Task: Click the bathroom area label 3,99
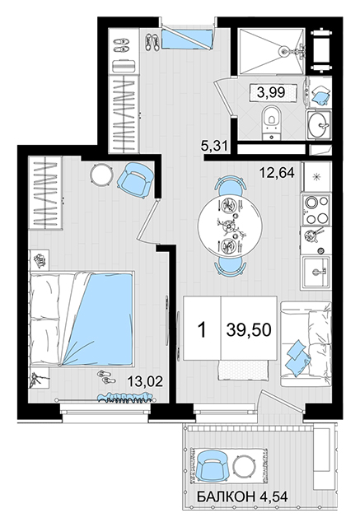coord(271,92)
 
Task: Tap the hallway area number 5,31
coord(214,147)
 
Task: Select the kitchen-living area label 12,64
coord(277,173)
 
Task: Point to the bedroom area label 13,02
coord(145,381)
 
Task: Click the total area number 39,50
coord(249,329)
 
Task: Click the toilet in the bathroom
coord(271,122)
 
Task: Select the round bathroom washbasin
coord(319,125)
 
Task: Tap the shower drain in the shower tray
coord(283,51)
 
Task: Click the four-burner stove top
coord(316,210)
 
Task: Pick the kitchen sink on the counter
coord(316,273)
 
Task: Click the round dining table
coord(230,226)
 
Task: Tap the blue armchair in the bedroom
coord(135,180)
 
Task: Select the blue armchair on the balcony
coord(212,466)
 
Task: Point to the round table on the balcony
coord(245,466)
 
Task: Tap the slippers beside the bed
coord(106,377)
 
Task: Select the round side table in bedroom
coord(101,174)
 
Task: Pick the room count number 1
coord(202,329)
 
